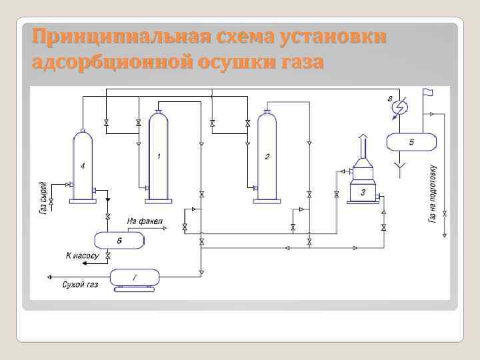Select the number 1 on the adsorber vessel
point(159,156)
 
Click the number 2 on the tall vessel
point(267,157)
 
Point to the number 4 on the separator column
point(82,165)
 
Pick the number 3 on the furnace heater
point(363,192)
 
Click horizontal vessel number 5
point(411,142)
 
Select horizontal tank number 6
point(119,240)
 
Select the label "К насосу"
point(82,255)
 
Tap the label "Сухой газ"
point(80,285)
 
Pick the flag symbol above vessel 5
point(427,91)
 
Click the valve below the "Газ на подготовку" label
point(445,214)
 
